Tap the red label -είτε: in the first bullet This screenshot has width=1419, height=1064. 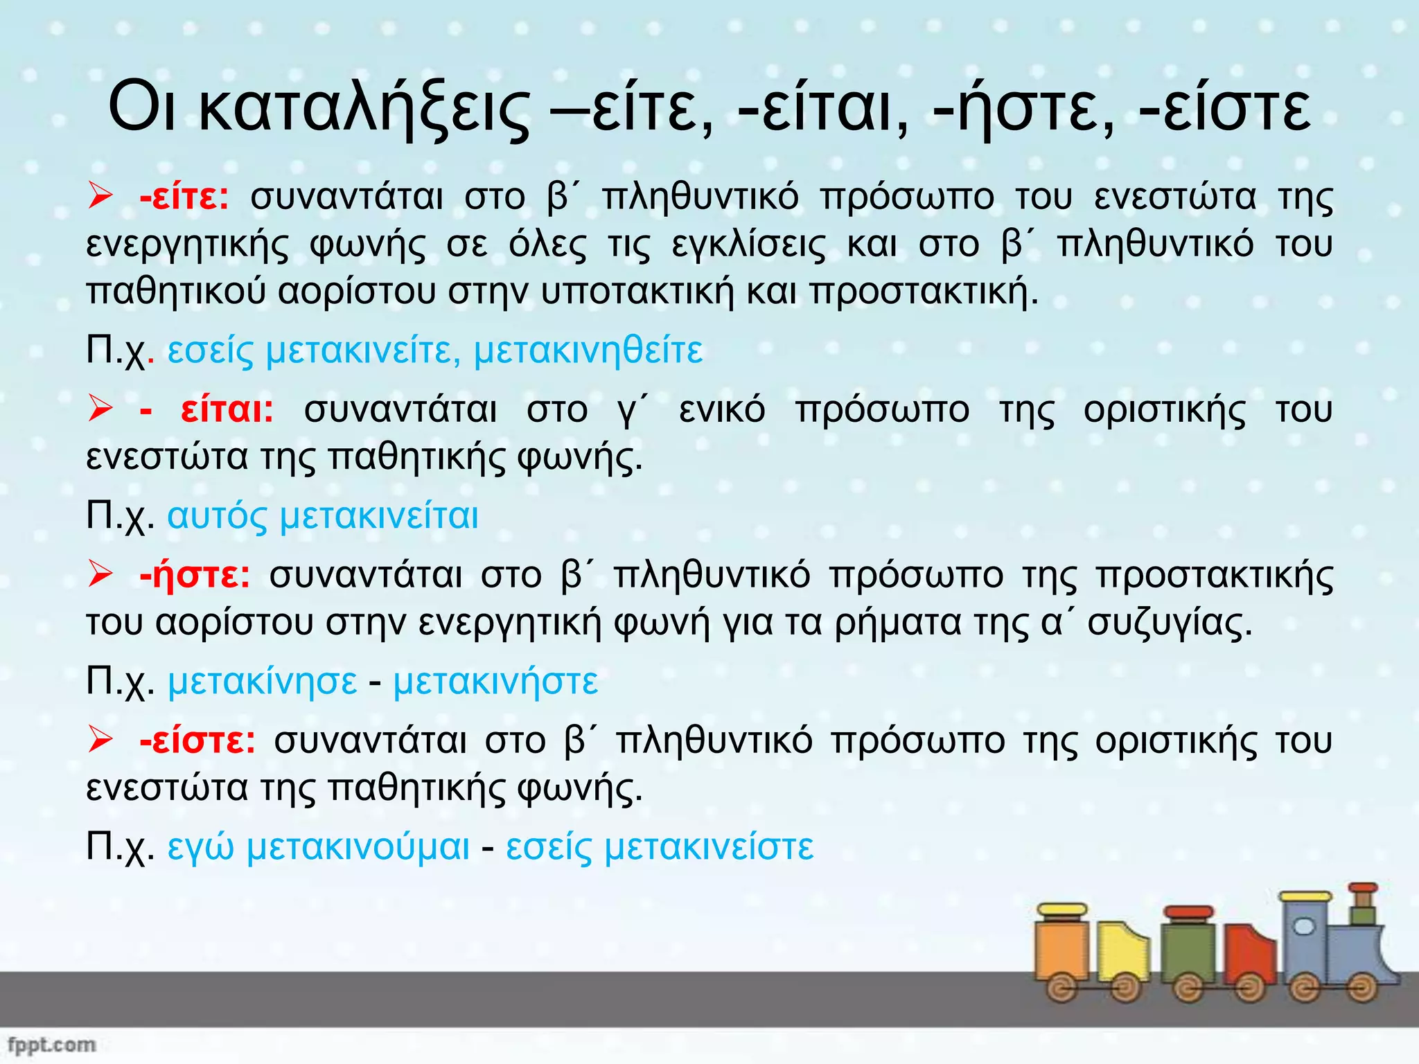(x=184, y=198)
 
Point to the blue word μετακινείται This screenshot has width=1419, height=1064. (x=378, y=517)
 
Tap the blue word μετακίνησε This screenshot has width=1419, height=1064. (x=263, y=682)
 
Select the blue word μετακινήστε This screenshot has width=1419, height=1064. (x=495, y=682)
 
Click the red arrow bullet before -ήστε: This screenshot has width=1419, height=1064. (x=100, y=574)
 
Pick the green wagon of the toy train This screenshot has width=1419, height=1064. (x=1188, y=952)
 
